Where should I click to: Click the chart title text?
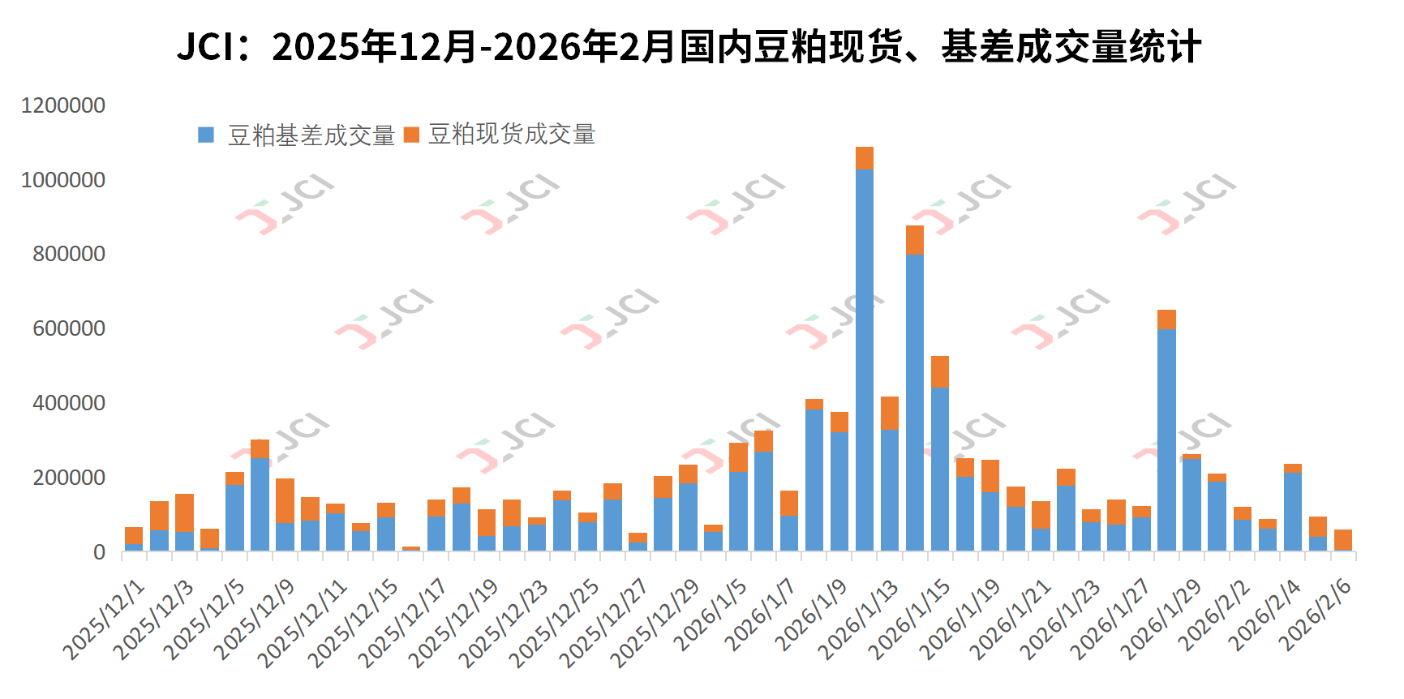pos(689,46)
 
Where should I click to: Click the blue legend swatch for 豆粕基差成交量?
pos(206,135)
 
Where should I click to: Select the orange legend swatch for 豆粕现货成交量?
pos(411,135)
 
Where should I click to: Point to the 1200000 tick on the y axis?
pos(63,105)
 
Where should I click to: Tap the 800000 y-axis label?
pos(69,254)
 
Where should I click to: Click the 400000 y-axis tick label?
pos(69,403)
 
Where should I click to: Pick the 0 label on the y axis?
pos(99,552)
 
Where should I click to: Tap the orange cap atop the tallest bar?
pos(865,158)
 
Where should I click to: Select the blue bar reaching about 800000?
pos(915,405)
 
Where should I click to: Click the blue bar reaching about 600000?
pos(1166,438)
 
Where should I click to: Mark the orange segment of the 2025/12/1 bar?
pos(134,536)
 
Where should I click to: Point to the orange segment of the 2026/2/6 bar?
pos(1343,539)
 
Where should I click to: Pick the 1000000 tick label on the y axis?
pos(63,180)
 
